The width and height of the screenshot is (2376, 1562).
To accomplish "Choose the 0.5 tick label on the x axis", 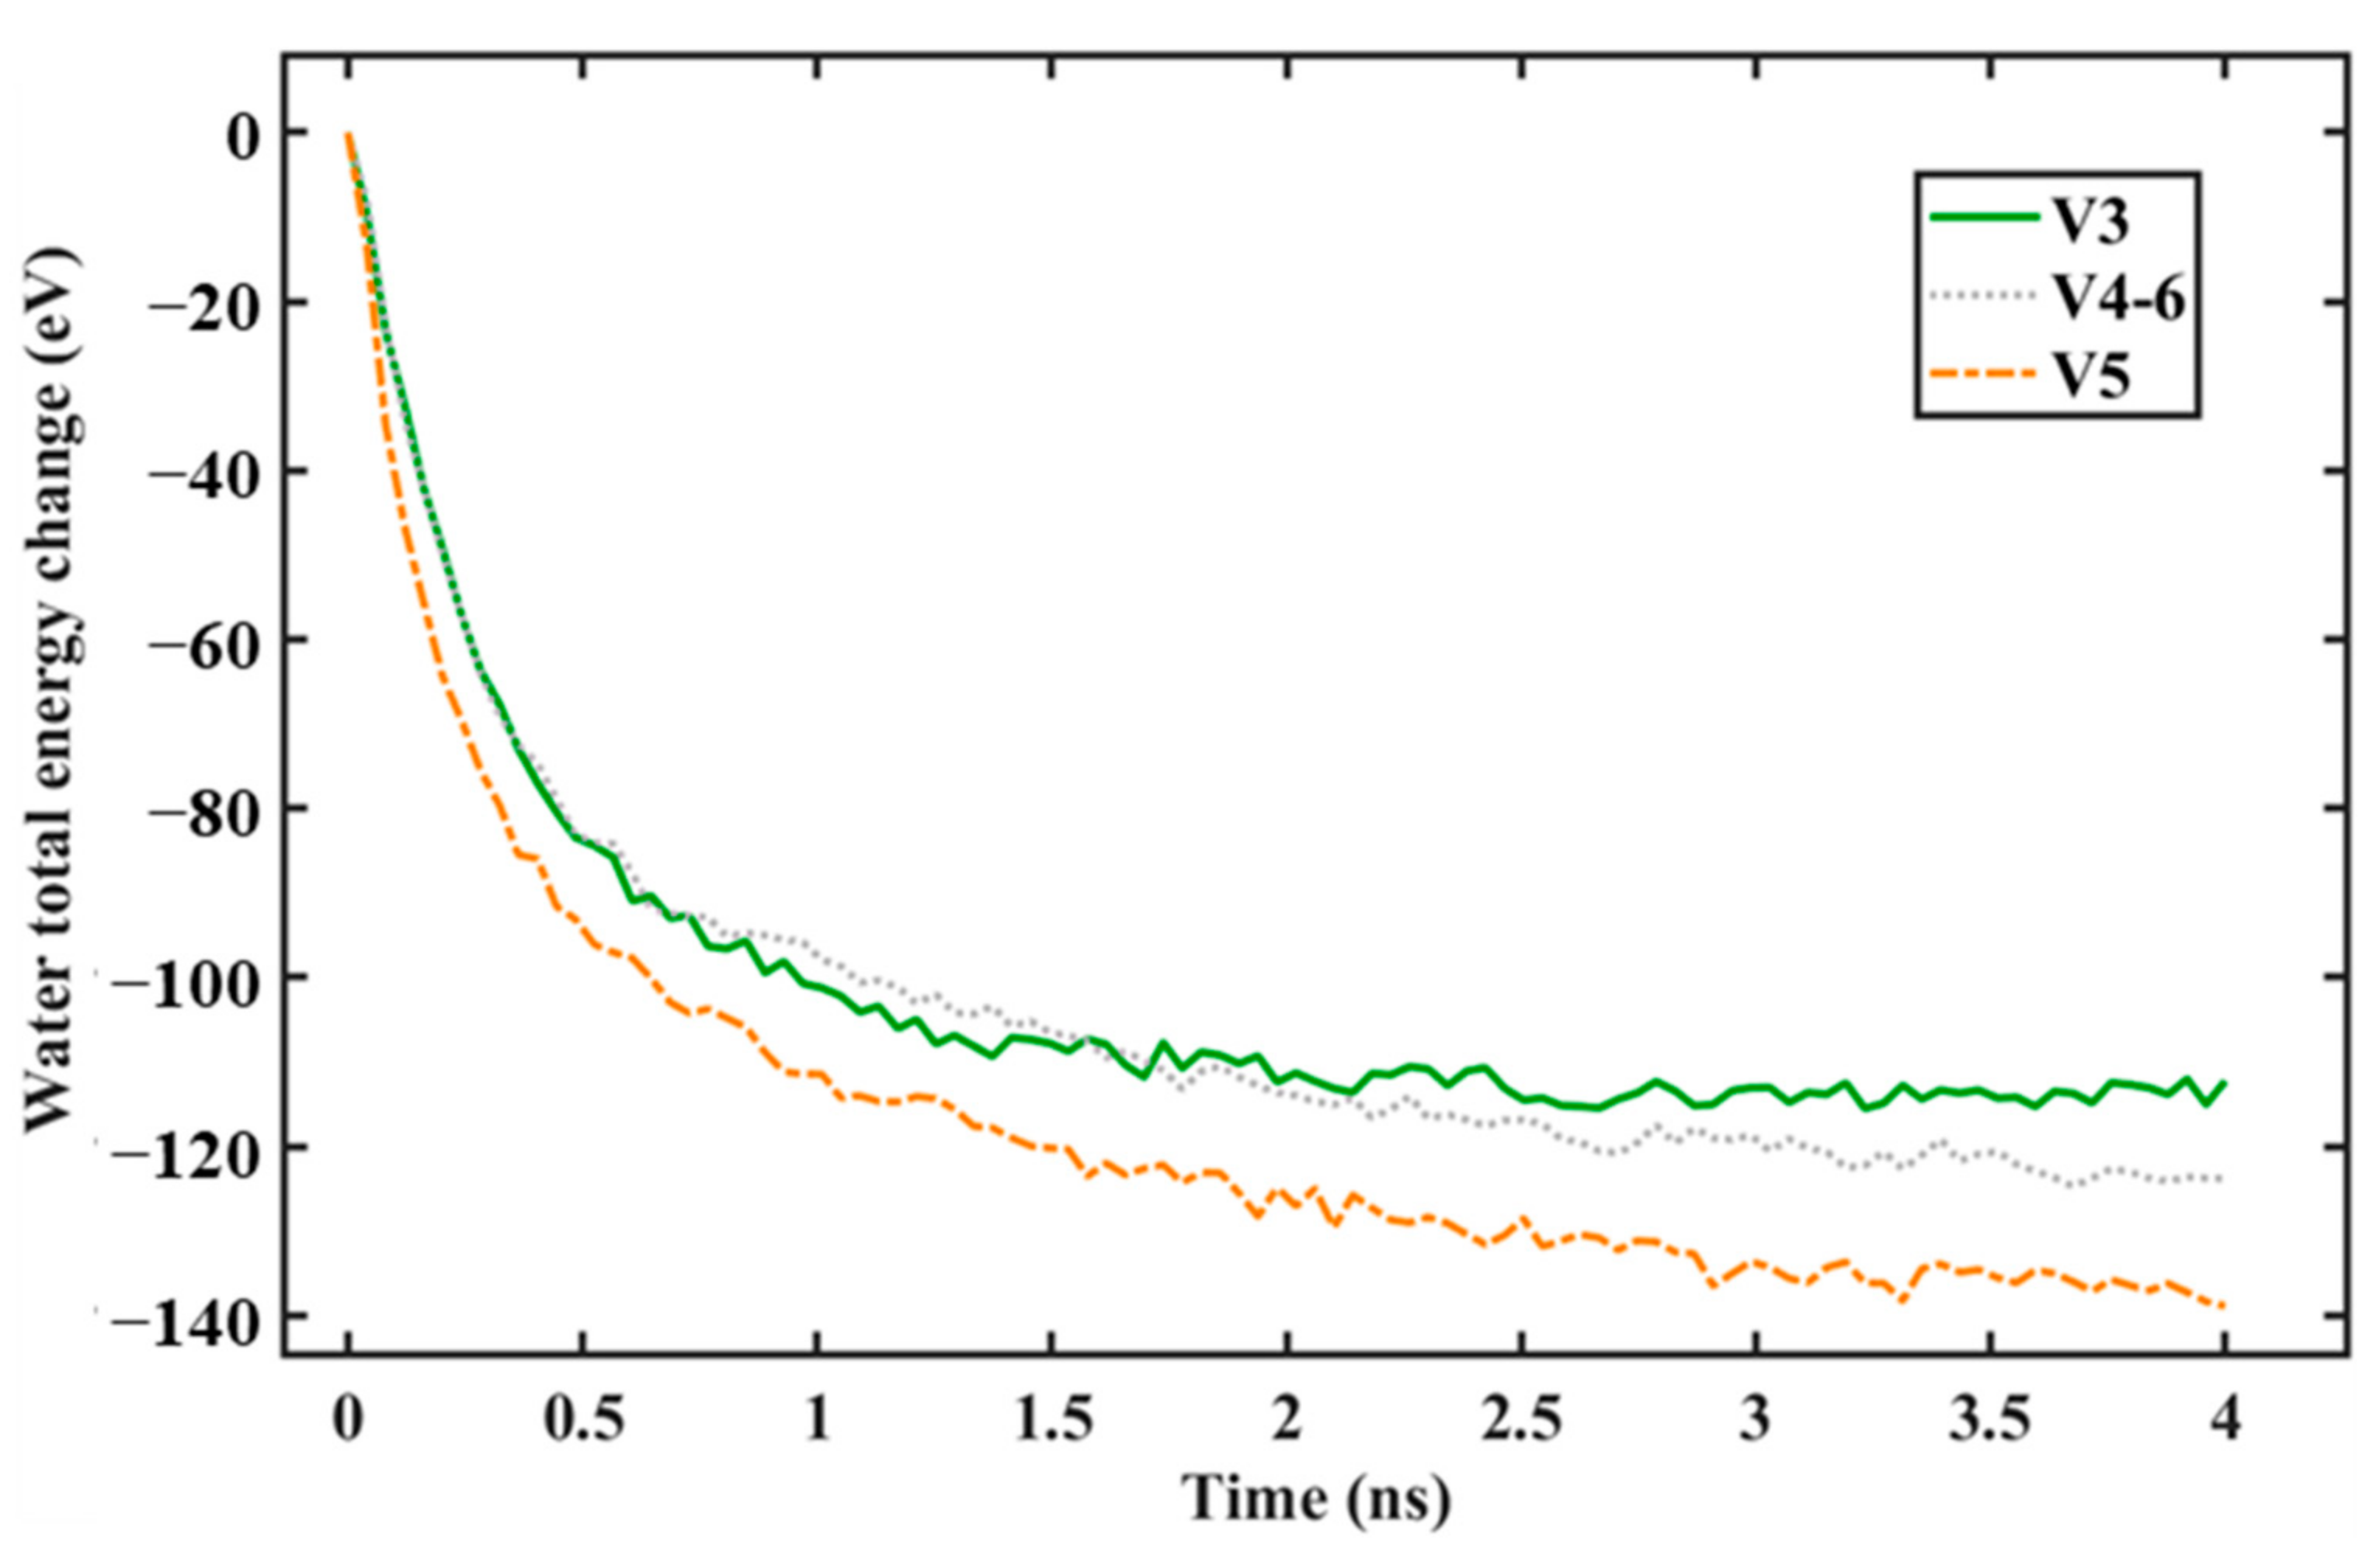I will [583, 1418].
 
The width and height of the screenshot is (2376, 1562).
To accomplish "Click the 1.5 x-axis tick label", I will [1052, 1418].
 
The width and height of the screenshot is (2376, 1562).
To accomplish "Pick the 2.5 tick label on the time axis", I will [1521, 1418].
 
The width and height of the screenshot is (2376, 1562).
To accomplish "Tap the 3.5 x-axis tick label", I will [1991, 1418].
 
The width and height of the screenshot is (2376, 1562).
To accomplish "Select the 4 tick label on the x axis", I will [2225, 1418].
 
